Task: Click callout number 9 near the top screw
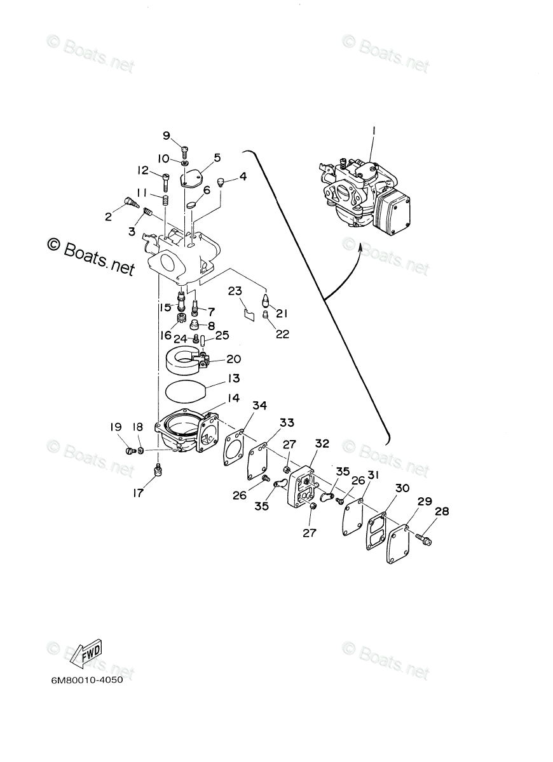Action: click(x=167, y=135)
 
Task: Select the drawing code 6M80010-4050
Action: click(x=87, y=680)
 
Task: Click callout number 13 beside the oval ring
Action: click(x=216, y=378)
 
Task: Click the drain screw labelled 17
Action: click(x=158, y=470)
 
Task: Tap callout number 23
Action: click(x=235, y=291)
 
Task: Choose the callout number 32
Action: click(x=322, y=444)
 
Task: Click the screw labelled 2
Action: click(x=132, y=203)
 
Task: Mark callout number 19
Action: click(x=115, y=427)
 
